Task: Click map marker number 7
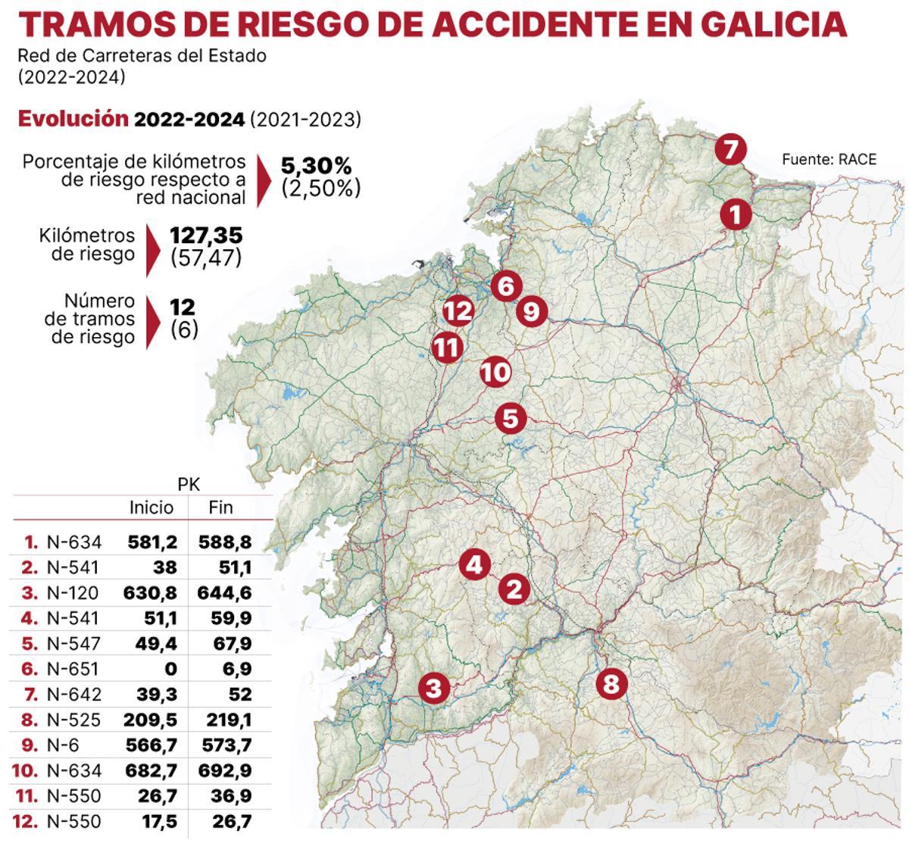coord(730,150)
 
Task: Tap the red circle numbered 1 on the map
coord(735,214)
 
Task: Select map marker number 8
coord(611,685)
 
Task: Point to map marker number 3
coord(433,688)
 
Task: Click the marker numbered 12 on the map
coord(458,311)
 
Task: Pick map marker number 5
coord(511,418)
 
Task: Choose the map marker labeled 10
coord(495,372)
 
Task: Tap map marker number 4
coord(474,564)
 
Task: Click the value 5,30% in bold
coord(316,165)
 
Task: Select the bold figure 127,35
coord(206,236)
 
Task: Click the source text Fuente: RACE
coord(829,159)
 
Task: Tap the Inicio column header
coord(151,507)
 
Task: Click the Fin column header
coord(220,507)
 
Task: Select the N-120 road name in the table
coord(73,592)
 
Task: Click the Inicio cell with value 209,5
coord(152,720)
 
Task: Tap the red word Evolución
coord(73,119)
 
